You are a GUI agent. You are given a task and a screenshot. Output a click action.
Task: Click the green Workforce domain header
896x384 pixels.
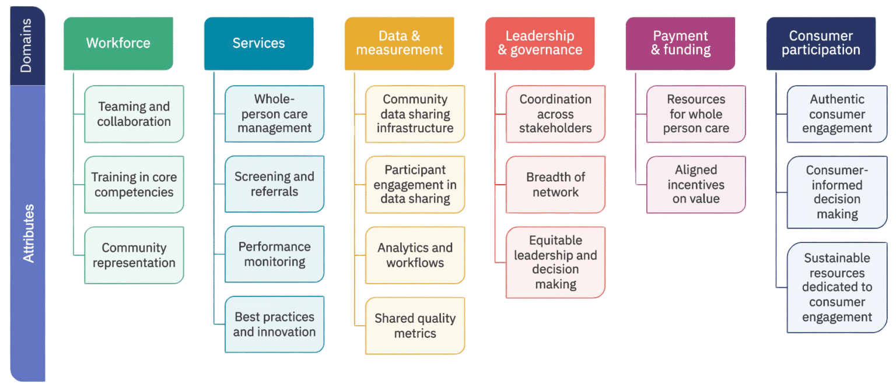(118, 44)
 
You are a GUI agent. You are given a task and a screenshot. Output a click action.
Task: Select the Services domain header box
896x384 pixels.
(259, 44)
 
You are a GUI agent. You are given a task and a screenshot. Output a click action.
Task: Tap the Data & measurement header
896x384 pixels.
(399, 44)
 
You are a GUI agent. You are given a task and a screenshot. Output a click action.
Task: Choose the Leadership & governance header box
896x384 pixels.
(540, 44)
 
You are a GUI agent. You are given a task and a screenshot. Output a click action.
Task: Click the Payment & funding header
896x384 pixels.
(680, 44)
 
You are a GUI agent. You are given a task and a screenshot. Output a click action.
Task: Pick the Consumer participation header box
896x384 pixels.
(821, 44)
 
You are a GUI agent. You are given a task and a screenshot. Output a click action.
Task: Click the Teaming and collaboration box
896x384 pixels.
(134, 114)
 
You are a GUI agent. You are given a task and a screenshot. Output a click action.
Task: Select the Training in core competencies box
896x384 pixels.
(134, 185)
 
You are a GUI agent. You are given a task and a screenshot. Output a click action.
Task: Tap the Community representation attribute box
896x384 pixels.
(134, 255)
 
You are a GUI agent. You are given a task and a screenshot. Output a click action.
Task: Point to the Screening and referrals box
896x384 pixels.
(274, 184)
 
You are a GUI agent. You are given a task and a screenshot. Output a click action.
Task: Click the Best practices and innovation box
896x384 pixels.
(274, 325)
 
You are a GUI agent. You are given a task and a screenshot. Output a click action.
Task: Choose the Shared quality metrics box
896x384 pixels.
(415, 326)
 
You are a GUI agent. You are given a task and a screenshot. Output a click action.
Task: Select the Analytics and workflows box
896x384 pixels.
(415, 255)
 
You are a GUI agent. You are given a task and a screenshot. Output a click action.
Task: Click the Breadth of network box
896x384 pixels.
(555, 185)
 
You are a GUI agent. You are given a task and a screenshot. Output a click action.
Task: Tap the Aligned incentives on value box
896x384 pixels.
(696, 185)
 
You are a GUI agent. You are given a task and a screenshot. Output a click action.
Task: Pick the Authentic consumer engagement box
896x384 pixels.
(837, 114)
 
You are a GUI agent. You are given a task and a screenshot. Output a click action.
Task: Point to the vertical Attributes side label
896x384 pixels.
(28, 233)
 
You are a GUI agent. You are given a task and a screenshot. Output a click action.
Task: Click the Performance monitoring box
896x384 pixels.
(274, 254)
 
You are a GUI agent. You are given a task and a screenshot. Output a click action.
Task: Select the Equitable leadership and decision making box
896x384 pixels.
(555, 263)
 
